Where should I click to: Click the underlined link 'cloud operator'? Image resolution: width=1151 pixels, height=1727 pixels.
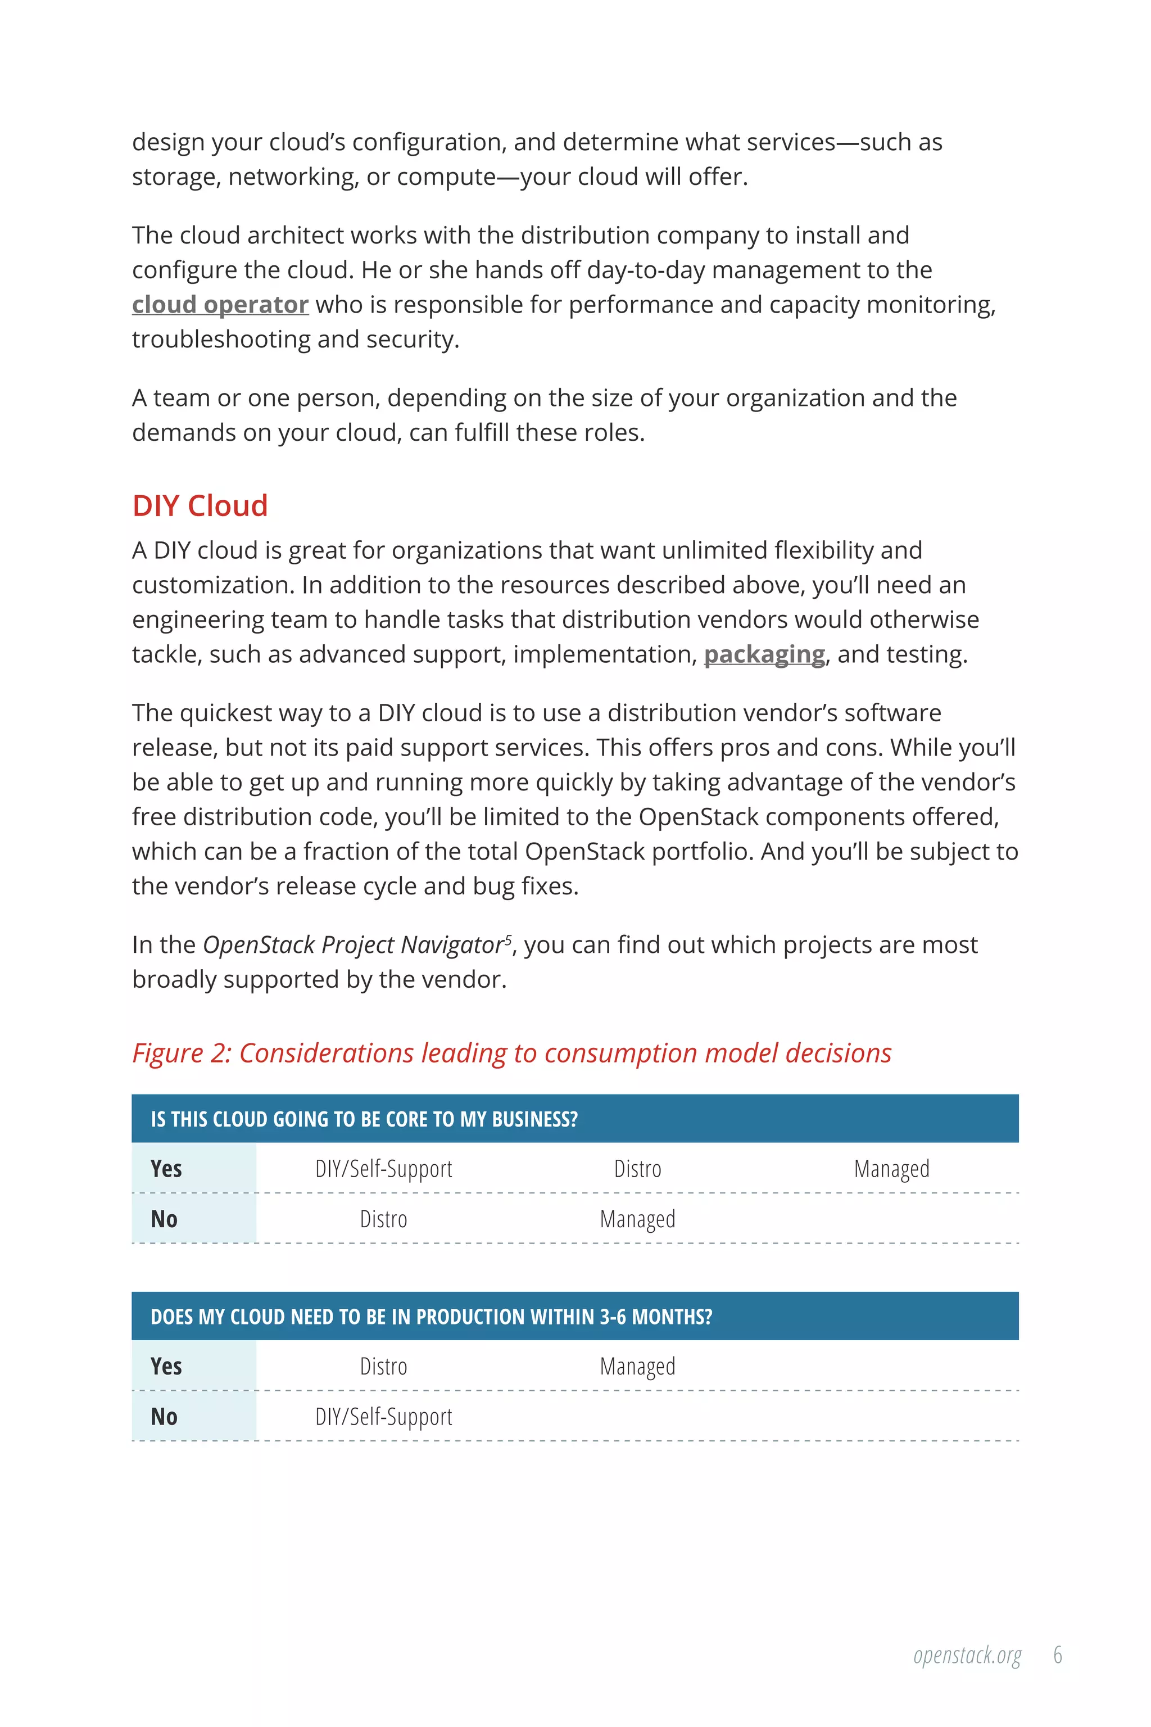[x=220, y=305]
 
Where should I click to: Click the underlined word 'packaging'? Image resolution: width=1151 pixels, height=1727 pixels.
[x=764, y=654]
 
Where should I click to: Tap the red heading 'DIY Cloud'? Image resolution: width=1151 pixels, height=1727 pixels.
[x=200, y=506]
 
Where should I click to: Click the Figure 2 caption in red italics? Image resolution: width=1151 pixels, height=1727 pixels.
[x=511, y=1053]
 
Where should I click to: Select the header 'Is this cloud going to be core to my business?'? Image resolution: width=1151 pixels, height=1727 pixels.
[x=364, y=1119]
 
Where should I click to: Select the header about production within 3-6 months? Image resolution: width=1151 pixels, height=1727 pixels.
[x=431, y=1317]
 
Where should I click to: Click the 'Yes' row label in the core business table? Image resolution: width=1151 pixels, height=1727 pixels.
[x=166, y=1168]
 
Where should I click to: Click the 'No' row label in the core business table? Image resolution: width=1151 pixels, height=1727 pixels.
[x=165, y=1219]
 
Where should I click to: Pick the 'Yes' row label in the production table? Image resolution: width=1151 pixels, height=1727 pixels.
[x=166, y=1366]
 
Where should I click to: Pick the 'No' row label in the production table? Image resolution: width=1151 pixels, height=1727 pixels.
[x=165, y=1417]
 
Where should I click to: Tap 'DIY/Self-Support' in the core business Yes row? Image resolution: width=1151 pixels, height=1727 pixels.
[x=383, y=1169]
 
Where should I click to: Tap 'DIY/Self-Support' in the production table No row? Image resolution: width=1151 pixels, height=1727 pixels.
[x=383, y=1417]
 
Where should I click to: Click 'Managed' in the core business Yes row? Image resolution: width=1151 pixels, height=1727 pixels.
[x=891, y=1169]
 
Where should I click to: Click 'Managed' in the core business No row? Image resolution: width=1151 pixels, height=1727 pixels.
[x=637, y=1219]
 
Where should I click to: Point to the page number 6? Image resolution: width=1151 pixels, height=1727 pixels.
[x=1057, y=1655]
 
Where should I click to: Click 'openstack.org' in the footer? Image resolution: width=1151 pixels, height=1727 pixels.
[x=967, y=1656]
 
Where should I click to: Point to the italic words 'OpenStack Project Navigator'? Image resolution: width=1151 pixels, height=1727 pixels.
[x=352, y=945]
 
